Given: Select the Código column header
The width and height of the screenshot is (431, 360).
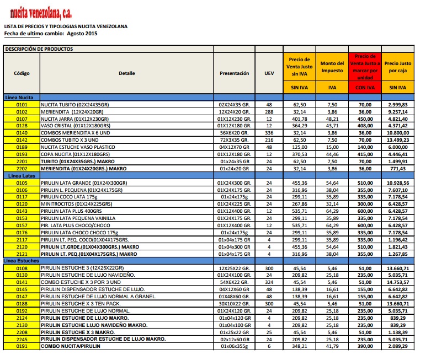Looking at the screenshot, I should [x=22, y=73].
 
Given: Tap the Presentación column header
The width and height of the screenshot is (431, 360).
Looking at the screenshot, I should [x=234, y=73].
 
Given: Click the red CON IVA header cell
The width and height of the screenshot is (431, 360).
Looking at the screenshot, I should [x=365, y=87].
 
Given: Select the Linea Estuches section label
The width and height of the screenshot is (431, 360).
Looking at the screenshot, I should [x=23, y=260].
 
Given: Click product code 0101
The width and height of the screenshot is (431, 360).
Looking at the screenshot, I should [x=22, y=104].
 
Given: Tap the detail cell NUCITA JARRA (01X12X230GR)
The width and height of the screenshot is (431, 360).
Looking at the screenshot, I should [x=72, y=119].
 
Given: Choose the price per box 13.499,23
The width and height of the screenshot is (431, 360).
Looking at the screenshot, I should [x=398, y=140].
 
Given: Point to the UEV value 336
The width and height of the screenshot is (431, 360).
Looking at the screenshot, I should [x=269, y=133].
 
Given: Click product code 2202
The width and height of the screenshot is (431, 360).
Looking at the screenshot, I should [x=22, y=169].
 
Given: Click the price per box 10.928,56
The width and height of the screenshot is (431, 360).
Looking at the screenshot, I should [x=398, y=182].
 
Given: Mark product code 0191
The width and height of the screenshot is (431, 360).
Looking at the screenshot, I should [x=22, y=346].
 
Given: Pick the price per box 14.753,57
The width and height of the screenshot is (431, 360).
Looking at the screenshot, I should [x=398, y=282].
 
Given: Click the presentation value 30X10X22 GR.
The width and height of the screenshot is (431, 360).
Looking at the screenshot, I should [x=234, y=303].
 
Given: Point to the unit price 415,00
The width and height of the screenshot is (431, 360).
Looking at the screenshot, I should [x=365, y=154].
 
